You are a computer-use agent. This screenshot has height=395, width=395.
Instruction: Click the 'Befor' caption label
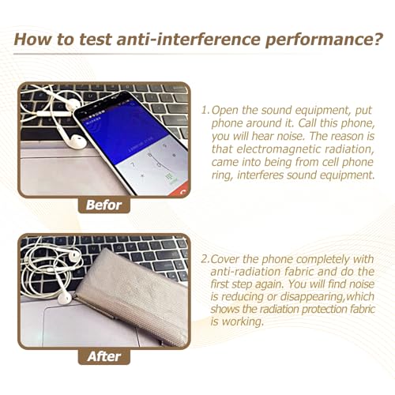pyautogui.click(x=103, y=205)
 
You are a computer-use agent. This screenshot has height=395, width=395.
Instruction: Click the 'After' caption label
pyautogui.click(x=104, y=357)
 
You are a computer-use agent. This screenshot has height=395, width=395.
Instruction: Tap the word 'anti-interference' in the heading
pyautogui.click(x=189, y=39)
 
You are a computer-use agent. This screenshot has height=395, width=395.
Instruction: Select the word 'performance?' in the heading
pyautogui.click(x=324, y=40)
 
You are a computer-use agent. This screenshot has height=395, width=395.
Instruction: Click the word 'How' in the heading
pyautogui.click(x=32, y=39)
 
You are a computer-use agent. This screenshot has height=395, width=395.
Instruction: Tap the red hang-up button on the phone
pyautogui.click(x=180, y=190)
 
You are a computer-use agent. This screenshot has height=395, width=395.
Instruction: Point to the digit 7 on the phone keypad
pyautogui.click(x=133, y=165)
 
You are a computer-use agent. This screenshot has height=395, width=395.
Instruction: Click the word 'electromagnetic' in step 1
pyautogui.click(x=279, y=149)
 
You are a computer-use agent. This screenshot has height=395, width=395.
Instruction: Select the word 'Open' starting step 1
pyautogui.click(x=225, y=111)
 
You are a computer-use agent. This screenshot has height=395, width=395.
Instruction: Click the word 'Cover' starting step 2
pyautogui.click(x=225, y=259)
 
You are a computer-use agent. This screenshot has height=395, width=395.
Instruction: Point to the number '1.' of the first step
pyautogui.click(x=205, y=110)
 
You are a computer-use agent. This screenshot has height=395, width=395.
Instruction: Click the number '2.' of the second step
pyautogui.click(x=205, y=259)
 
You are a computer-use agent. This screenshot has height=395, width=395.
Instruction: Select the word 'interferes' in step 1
pyautogui.click(x=260, y=175)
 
